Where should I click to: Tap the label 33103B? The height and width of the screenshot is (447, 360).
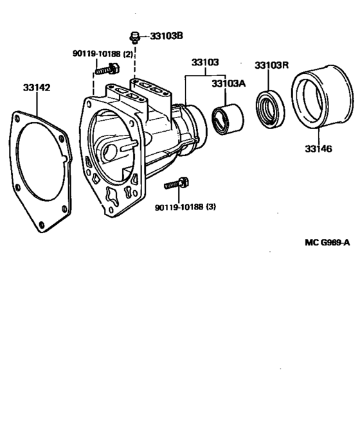tap(167, 37)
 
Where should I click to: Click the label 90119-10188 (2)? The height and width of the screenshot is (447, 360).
tap(102, 55)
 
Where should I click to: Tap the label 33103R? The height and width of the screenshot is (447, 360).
tap(271, 65)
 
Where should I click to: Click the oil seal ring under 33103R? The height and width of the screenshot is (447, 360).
tap(270, 107)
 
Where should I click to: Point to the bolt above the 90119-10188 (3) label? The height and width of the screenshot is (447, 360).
tap(175, 184)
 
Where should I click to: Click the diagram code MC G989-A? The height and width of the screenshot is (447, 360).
tap(327, 243)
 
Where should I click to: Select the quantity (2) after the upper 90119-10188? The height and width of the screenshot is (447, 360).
tap(127, 55)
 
